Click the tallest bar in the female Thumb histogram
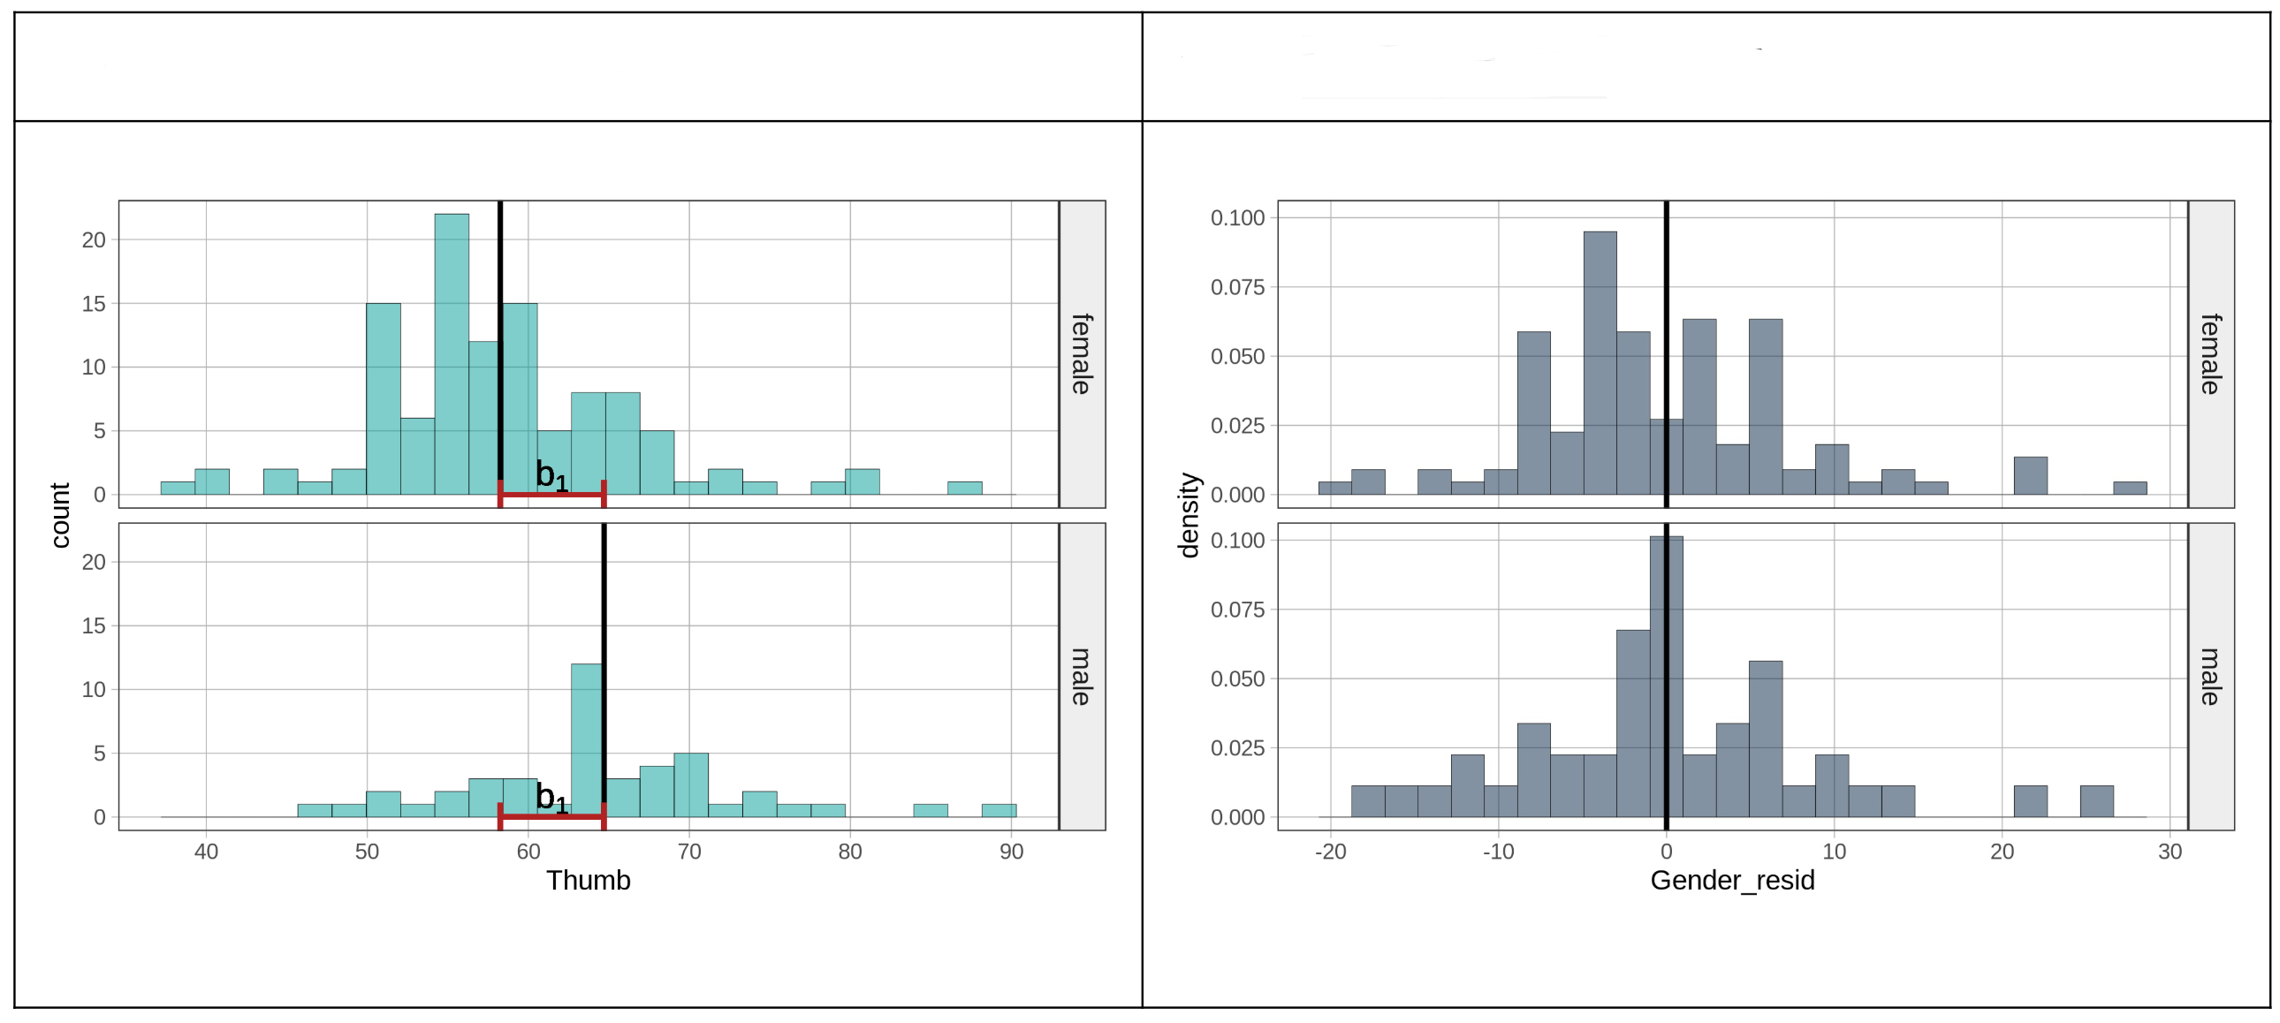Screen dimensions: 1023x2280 452,354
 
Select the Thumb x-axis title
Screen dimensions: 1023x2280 588,881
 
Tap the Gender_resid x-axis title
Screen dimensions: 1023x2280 1732,881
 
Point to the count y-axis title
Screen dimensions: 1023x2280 60,515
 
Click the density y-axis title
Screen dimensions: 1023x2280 1189,515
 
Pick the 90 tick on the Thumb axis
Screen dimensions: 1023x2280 1011,852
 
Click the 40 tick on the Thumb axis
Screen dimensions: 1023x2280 206,852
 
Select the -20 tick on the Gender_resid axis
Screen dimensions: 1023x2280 1329,852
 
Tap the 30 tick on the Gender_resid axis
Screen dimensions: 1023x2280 2170,852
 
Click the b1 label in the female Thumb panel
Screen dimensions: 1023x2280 551,476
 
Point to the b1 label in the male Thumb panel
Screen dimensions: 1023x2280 551,799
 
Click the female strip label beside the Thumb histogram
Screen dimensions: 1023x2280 1082,354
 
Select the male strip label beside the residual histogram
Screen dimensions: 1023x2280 2210,677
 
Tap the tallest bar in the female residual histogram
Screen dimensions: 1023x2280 1600,363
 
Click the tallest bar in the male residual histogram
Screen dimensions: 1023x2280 1666,677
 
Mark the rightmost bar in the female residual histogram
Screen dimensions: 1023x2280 2130,488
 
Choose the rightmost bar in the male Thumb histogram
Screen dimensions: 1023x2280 999,810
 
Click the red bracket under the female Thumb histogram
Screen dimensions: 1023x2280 551,494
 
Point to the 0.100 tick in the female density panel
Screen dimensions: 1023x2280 1237,217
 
